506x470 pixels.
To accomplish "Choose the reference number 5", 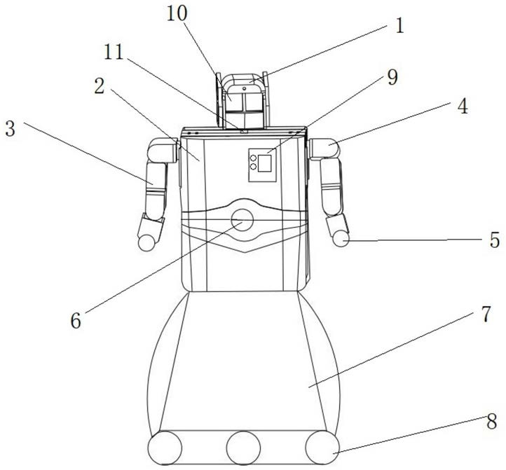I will (x=494, y=240).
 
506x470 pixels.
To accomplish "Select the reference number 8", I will (x=491, y=423).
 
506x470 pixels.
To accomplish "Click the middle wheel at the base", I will (x=242, y=446).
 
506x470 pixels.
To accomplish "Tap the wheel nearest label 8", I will (x=322, y=446).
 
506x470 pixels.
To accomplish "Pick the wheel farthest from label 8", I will (x=165, y=446).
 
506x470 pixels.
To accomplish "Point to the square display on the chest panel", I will (x=264, y=163).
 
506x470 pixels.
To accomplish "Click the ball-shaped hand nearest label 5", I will (x=341, y=240).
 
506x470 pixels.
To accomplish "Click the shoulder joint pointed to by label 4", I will (x=324, y=148).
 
